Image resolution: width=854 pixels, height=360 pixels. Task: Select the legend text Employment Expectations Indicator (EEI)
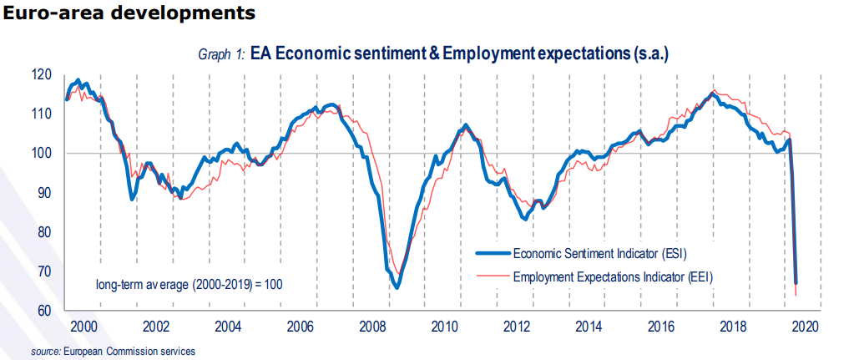coord(614,276)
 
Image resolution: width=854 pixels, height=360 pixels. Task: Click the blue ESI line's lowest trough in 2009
coord(397,287)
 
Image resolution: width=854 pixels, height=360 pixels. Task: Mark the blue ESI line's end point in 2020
coord(796,283)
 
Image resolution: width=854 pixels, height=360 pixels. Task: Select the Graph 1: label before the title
coord(221,54)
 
